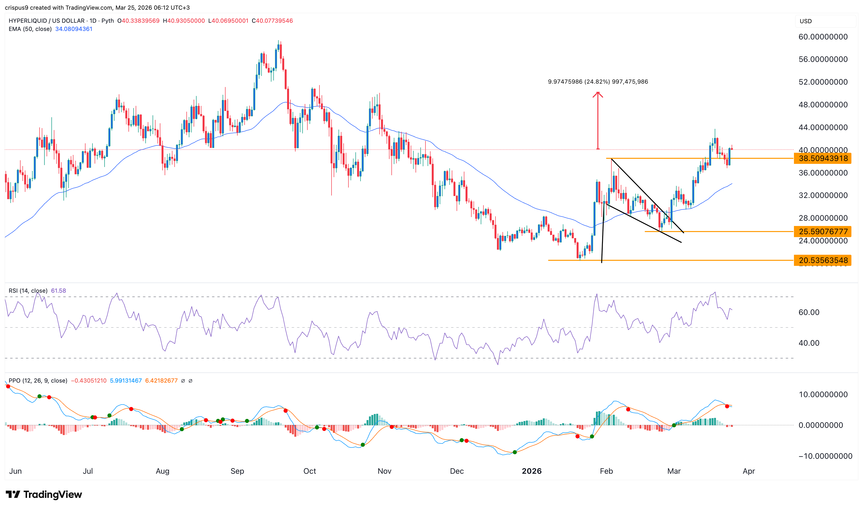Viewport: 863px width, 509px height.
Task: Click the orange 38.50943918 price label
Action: (x=823, y=159)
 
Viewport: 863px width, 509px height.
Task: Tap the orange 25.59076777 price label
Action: (x=823, y=232)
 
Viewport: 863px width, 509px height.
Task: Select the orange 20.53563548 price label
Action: (x=823, y=260)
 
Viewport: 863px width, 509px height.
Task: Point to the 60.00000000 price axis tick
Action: (x=823, y=37)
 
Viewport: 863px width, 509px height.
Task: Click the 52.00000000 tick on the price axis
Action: (x=823, y=82)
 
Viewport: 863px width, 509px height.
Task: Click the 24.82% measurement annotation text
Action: (x=598, y=82)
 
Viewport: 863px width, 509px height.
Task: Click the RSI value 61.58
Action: (x=58, y=291)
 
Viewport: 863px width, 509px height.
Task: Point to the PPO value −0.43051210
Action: (x=89, y=381)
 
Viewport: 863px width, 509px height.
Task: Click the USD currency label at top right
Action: (x=806, y=21)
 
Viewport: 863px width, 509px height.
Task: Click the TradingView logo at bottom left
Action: (x=44, y=494)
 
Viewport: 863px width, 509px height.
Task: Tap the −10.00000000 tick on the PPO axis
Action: (x=825, y=456)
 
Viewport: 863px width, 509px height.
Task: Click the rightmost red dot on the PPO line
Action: (x=727, y=406)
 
